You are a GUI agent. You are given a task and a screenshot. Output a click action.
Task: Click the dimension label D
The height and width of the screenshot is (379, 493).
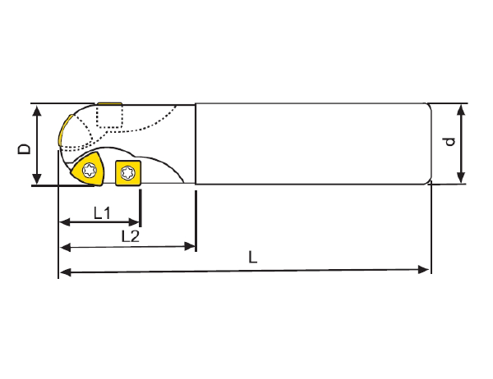tap(25, 148)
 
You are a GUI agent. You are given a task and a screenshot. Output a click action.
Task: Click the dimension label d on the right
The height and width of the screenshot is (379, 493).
tap(449, 142)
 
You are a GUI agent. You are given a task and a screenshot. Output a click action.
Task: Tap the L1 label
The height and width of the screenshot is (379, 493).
tap(102, 213)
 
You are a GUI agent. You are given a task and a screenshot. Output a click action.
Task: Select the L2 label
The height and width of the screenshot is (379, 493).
tap(130, 236)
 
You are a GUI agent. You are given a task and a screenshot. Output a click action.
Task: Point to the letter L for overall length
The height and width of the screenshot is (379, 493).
tap(253, 257)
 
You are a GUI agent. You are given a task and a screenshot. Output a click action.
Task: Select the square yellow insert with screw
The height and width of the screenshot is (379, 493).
tap(128, 172)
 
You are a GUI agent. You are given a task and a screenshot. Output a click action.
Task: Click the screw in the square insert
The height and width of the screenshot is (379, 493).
tap(128, 172)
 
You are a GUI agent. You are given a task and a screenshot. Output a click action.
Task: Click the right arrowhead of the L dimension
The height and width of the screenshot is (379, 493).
tap(426, 270)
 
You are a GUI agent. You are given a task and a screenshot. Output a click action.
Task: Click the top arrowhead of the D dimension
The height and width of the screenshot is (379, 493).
tap(36, 110)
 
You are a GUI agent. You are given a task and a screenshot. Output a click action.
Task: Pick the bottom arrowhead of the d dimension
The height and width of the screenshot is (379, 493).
tap(461, 178)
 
